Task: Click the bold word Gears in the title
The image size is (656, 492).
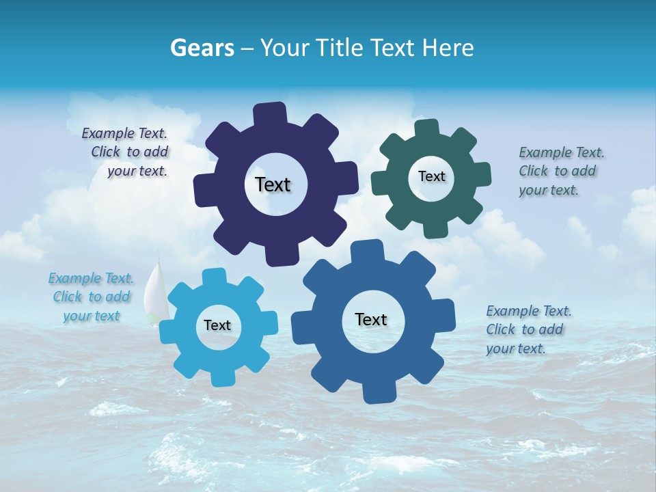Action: pos(202,48)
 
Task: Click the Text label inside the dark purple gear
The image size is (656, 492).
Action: pos(273,184)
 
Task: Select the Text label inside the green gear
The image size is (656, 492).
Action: pos(431,176)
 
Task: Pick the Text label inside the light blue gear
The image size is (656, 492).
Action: pos(217,325)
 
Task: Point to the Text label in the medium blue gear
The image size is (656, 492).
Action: pos(371,319)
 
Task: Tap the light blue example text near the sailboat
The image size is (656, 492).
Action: pos(92,297)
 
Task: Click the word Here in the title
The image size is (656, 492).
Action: pos(448,48)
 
